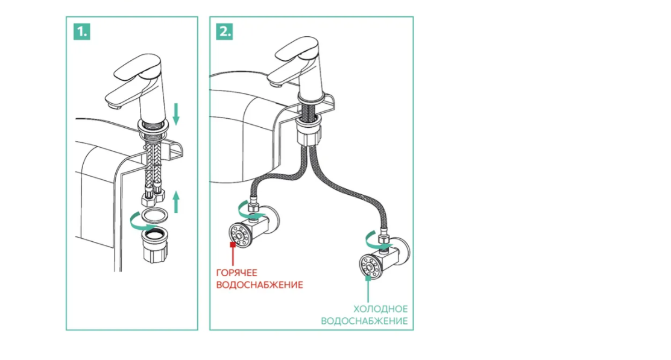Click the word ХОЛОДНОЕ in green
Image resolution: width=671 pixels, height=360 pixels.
coord(380,309)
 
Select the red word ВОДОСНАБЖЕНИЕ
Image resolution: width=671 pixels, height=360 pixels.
coord(259,285)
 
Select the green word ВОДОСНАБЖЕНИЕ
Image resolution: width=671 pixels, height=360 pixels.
coord(364,321)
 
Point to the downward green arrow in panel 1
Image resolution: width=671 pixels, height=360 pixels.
coord(177,113)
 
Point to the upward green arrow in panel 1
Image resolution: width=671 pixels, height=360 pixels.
coord(177,201)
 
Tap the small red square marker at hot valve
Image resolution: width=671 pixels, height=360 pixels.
coord(232,245)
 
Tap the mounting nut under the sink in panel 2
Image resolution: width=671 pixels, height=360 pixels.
coord(311,132)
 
